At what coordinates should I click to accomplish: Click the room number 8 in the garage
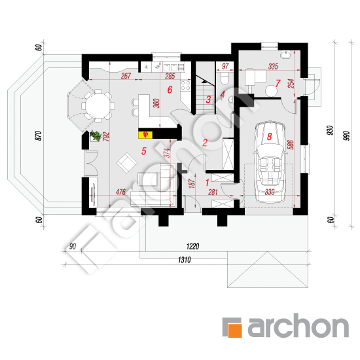point(269,136)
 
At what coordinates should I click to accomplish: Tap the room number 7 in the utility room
point(278,83)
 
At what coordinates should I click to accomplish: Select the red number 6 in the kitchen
point(170,90)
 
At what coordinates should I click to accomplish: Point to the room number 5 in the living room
point(144,151)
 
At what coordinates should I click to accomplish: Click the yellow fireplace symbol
point(145,135)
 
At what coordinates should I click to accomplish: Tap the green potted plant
point(96,135)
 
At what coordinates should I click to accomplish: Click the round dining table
point(98,106)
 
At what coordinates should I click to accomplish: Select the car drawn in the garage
point(270,162)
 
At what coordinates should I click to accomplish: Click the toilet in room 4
point(225,78)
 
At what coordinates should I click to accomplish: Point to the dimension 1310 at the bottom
point(185,260)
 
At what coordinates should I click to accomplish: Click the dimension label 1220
point(192,246)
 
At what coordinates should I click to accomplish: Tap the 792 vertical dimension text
point(106,137)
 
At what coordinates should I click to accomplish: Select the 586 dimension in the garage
point(291,145)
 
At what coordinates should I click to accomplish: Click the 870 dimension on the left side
point(39,135)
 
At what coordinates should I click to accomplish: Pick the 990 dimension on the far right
point(347,135)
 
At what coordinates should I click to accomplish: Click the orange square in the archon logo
point(235,330)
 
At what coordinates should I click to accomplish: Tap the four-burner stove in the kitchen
point(185,85)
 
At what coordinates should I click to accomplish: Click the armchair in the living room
point(127,162)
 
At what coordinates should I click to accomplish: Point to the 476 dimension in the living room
point(120,192)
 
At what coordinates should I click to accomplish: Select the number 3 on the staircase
point(208,99)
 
